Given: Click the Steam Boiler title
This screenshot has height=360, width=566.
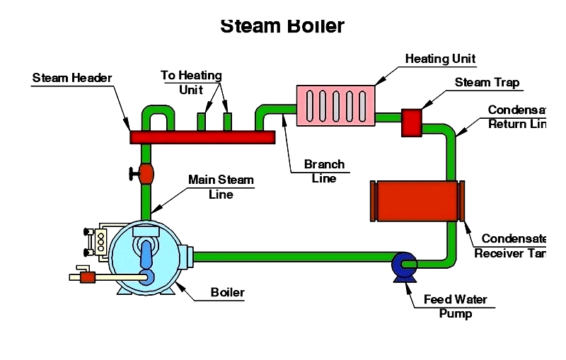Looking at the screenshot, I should point(282,26).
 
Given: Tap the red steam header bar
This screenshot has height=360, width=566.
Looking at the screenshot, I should point(202,137).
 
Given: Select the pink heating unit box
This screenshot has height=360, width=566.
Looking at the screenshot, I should point(335,107).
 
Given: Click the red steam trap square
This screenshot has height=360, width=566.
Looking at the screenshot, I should point(412,122).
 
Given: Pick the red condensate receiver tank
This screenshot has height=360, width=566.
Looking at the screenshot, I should point(417,200).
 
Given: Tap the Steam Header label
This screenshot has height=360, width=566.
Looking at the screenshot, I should point(72,78).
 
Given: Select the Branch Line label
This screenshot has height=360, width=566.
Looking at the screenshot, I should point(324,171).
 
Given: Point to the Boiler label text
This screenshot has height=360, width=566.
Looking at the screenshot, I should point(228,292).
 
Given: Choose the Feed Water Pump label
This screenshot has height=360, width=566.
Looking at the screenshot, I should point(455,306).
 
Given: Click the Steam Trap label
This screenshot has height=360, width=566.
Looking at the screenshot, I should point(487,83).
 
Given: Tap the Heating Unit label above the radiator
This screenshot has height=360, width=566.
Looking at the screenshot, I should point(440,59).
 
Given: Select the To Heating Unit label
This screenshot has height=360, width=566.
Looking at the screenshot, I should point(191,83).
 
